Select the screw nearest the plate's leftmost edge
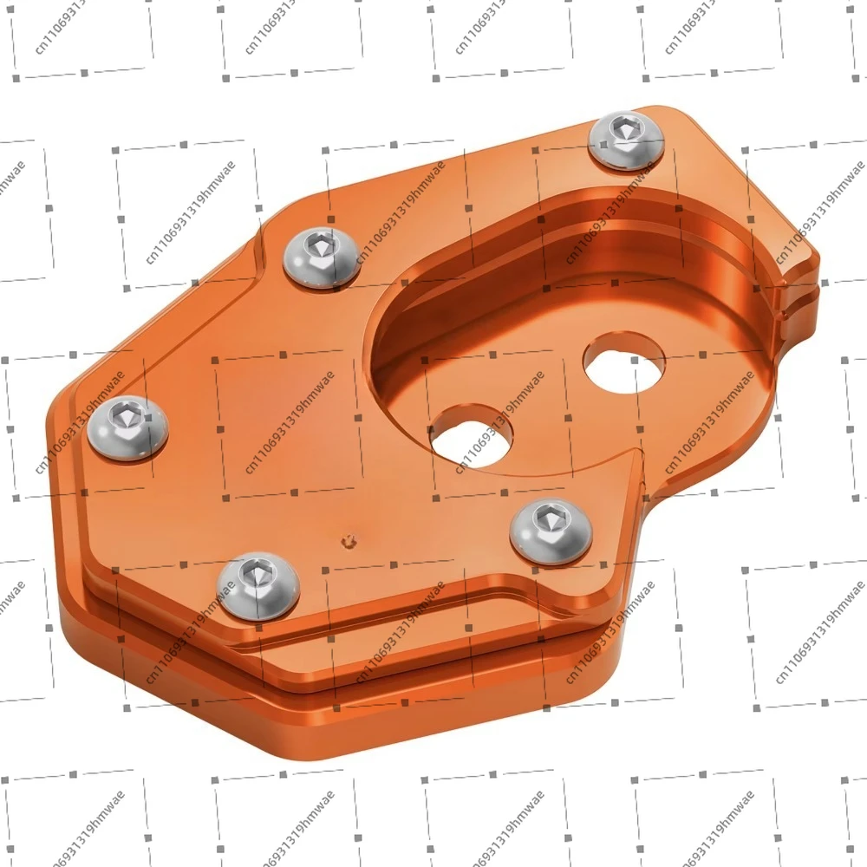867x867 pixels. (128, 427)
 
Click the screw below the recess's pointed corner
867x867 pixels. (551, 531)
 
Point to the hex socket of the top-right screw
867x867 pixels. (623, 133)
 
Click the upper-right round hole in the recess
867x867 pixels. (623, 364)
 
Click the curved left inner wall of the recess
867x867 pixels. (386, 347)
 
